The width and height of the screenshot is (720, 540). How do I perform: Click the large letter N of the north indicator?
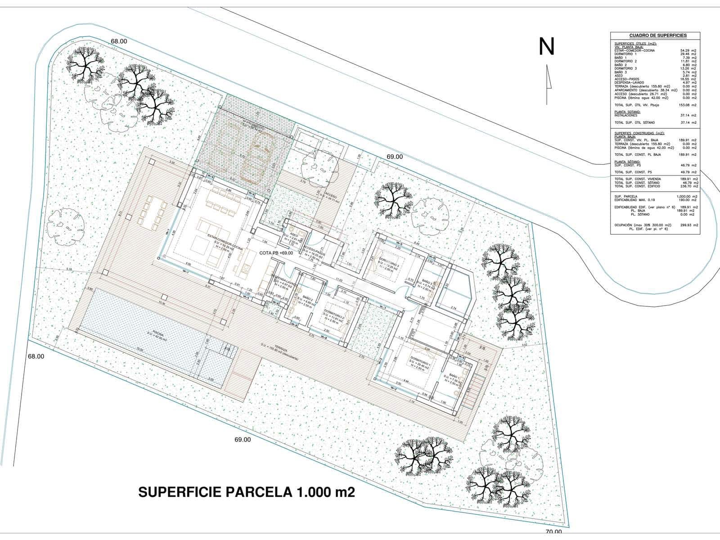(547, 46)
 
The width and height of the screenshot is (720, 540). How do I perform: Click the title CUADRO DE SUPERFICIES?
(655, 36)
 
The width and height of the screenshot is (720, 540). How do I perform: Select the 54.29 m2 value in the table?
(688, 50)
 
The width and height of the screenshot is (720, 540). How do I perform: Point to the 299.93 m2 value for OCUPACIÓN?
(688, 225)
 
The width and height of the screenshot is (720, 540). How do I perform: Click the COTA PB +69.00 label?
(276, 253)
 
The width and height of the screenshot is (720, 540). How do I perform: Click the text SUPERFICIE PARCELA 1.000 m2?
(247, 492)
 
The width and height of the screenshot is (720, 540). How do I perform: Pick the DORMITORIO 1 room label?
(420, 360)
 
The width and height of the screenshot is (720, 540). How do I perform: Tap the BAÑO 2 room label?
(308, 298)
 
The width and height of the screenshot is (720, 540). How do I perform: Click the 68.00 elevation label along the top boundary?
(119, 41)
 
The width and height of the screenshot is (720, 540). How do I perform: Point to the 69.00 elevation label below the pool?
(243, 440)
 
